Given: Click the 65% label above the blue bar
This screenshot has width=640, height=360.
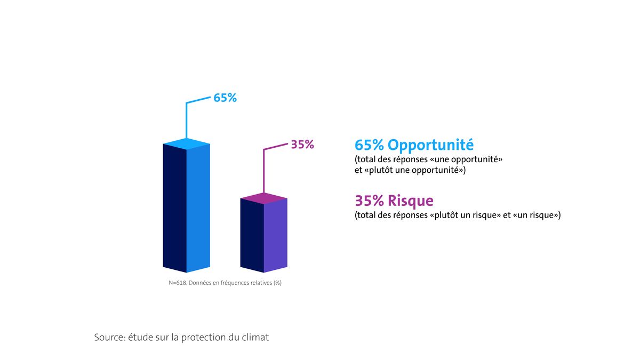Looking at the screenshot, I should point(225,98).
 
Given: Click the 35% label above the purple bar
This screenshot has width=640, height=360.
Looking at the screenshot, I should point(302,145).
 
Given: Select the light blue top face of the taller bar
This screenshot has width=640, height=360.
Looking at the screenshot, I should point(186,143).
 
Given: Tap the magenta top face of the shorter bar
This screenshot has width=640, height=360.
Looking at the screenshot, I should point(264,198).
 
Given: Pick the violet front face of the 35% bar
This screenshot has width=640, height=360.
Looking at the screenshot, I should point(276,235).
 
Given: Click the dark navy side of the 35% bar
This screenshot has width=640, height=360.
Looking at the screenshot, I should point(252,235).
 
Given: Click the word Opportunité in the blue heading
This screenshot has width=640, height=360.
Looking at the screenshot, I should point(431,145).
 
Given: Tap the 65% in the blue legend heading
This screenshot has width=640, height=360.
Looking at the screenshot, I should point(370,145).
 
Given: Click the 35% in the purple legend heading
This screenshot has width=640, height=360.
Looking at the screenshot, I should point(370,201).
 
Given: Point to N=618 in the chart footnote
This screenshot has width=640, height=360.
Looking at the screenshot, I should point(177,283).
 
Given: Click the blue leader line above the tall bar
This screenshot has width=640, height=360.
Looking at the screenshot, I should point(186,120).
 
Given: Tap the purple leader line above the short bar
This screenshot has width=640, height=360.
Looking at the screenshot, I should point(265,171).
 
